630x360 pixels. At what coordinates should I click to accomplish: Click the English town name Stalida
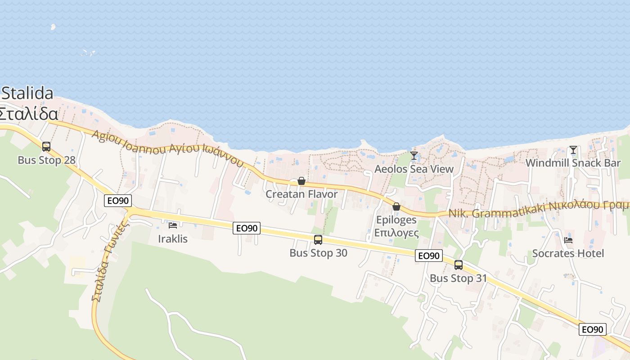[27, 93]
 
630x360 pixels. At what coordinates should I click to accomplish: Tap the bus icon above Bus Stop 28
[46, 146]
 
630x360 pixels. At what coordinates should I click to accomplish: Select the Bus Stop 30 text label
[318, 253]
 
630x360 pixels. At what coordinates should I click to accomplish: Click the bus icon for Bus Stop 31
[459, 265]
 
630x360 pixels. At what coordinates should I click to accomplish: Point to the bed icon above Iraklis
[173, 225]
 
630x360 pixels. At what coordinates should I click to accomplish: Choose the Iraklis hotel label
[173, 238]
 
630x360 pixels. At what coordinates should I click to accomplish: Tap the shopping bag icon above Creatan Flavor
[301, 181]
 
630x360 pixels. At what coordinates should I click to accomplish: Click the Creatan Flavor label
[301, 194]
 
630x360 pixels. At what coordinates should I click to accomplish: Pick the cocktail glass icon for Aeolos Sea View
[414, 156]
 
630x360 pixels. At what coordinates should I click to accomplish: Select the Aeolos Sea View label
[414, 169]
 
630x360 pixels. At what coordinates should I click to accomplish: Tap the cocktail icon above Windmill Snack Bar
[573, 150]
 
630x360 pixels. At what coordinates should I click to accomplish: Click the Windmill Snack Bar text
[573, 163]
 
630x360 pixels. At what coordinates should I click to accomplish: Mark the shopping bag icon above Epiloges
[396, 207]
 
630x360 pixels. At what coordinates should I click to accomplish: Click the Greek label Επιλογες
[396, 233]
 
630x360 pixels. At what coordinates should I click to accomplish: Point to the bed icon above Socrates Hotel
[568, 240]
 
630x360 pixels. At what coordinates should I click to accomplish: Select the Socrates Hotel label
[568, 253]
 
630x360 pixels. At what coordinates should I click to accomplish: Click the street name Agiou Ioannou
[130, 141]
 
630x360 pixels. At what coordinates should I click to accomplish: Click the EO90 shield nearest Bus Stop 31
[428, 256]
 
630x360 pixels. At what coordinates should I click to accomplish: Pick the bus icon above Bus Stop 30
[318, 240]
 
